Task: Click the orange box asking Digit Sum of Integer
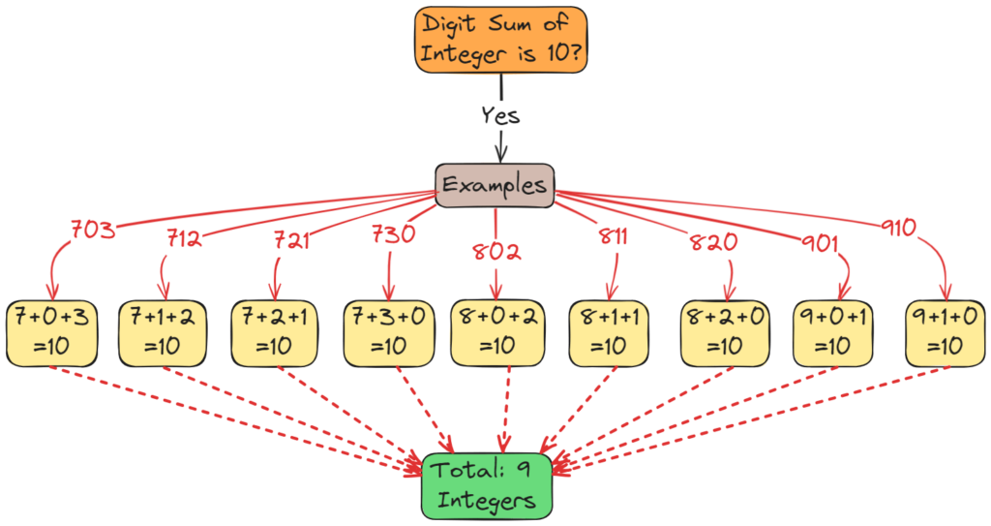coord(501,40)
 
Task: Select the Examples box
coord(495,184)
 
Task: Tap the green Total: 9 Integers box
coord(487,485)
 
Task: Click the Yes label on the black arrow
coord(500,114)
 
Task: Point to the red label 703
coord(93,231)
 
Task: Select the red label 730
coord(394,234)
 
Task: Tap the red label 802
coord(496,251)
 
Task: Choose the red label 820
coord(714,241)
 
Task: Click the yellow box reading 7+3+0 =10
coord(388,331)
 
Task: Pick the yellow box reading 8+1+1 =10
coord(608,331)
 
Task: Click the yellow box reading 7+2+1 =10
coord(275,331)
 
